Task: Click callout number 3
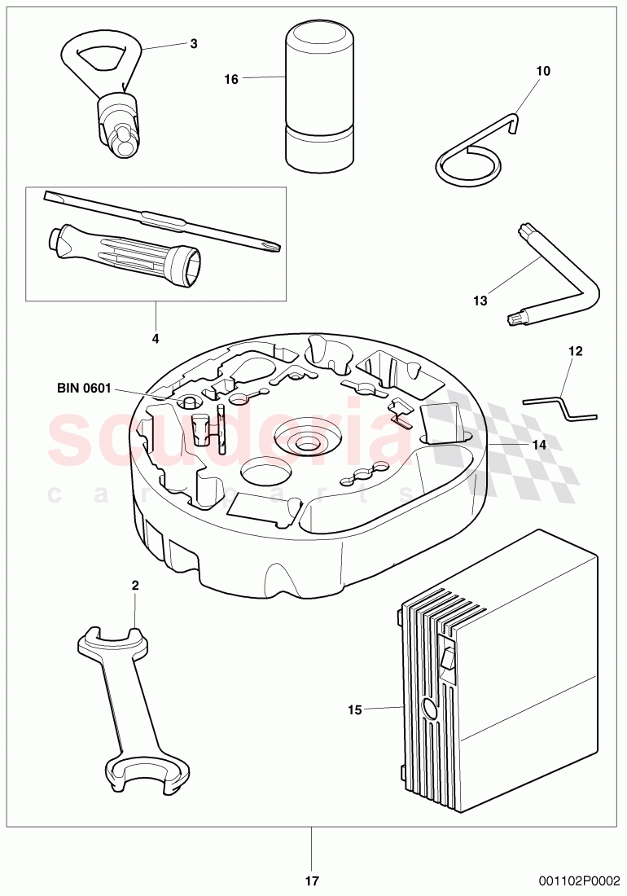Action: [x=193, y=43]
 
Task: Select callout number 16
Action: [x=231, y=79]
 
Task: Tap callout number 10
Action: [x=543, y=71]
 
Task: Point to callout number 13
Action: [x=480, y=301]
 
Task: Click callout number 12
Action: [x=576, y=351]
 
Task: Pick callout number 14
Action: [x=539, y=445]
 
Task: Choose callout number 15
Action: [x=354, y=710]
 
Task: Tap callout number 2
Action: [x=135, y=585]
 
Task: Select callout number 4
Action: [x=156, y=337]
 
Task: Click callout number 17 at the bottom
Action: [x=312, y=881]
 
